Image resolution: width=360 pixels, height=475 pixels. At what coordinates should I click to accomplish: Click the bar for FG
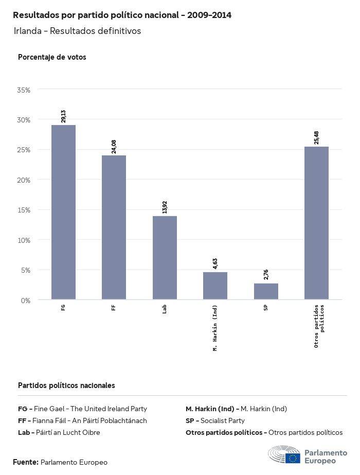[x=63, y=212]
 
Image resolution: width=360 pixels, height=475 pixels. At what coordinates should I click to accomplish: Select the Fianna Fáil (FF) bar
[x=114, y=227]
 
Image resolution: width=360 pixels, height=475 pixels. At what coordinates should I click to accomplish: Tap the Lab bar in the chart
[x=165, y=257]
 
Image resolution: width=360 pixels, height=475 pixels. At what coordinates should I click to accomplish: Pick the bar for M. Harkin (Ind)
[x=215, y=286]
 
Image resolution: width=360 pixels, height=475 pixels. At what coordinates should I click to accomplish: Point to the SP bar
[x=266, y=291]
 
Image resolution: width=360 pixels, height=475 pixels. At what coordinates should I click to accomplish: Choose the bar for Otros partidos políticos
[x=316, y=223]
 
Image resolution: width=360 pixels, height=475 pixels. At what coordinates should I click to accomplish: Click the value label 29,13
[x=63, y=116]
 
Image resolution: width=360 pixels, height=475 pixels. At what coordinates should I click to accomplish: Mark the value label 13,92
[x=165, y=207]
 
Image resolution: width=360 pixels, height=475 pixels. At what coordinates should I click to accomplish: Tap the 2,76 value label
[x=266, y=275]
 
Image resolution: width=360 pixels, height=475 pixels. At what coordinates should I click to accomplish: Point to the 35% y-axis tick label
[x=24, y=90]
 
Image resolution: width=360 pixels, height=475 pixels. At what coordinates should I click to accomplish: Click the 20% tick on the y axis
[x=24, y=180]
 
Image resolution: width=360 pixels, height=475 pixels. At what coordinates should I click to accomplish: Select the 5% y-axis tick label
[x=25, y=270]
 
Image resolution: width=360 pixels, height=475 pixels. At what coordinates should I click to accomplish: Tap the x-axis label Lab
[x=165, y=309]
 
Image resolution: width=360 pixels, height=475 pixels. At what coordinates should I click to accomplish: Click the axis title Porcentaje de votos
[x=52, y=57]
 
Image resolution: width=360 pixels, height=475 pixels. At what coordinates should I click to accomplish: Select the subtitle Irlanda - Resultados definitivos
[x=77, y=31]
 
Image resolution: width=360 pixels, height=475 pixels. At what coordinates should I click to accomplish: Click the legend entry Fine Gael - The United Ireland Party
[x=82, y=409]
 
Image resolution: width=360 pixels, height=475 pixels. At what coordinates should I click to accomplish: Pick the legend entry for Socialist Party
[x=215, y=420]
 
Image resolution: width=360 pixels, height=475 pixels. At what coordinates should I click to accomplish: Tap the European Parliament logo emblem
[x=284, y=455]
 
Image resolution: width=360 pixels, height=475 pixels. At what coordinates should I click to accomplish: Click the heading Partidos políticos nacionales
[x=66, y=385]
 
